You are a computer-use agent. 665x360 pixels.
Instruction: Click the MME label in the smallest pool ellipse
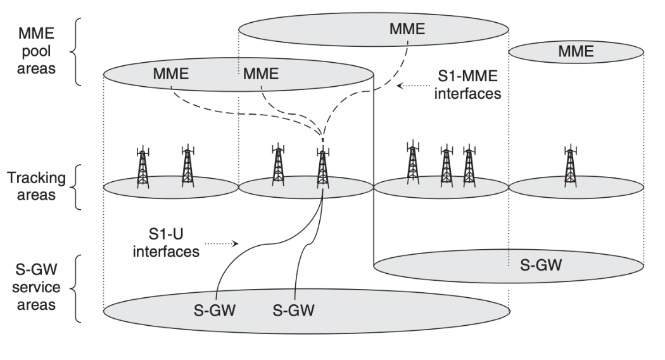(x=576, y=51)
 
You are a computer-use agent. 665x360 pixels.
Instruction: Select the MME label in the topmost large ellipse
(x=407, y=29)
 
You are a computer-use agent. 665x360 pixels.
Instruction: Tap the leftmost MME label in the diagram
(x=170, y=74)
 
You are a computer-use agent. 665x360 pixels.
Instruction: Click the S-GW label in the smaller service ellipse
(x=541, y=266)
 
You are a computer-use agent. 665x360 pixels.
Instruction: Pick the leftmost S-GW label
(x=215, y=311)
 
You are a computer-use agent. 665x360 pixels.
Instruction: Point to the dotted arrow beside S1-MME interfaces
(x=414, y=86)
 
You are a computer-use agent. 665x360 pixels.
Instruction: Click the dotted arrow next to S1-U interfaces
(x=222, y=243)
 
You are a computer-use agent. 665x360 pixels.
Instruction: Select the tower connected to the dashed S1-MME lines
(x=323, y=168)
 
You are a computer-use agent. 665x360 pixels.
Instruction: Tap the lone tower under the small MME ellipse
(x=571, y=166)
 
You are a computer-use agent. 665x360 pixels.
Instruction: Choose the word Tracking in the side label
(x=37, y=178)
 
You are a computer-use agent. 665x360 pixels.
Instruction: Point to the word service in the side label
(x=36, y=287)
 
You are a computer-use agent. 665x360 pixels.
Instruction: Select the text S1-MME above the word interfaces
(x=468, y=76)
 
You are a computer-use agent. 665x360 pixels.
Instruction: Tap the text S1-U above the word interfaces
(x=166, y=234)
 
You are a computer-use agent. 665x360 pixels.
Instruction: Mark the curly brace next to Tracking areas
(x=75, y=187)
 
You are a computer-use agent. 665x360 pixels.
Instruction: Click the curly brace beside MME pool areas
(x=75, y=52)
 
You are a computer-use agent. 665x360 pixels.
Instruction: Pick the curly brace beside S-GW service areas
(x=75, y=288)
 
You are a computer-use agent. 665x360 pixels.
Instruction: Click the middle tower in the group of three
(x=446, y=166)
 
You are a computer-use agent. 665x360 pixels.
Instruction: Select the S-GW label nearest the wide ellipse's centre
(x=293, y=311)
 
